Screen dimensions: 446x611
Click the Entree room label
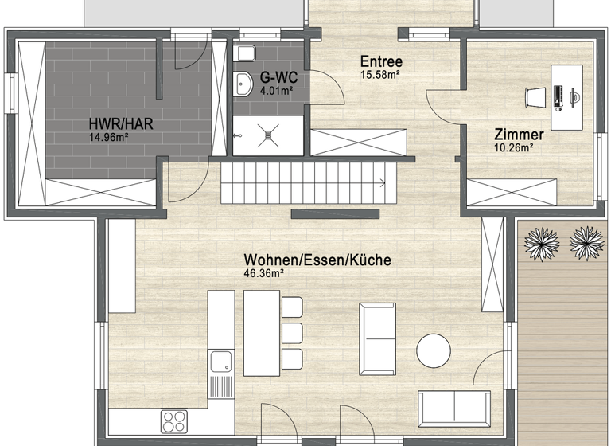(x=381, y=61)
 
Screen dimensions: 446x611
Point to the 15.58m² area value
(x=379, y=74)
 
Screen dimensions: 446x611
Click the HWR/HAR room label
(x=121, y=124)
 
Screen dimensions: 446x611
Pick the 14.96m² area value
(x=109, y=136)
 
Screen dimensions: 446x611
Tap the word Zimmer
(x=519, y=134)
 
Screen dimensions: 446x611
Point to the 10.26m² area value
(x=513, y=147)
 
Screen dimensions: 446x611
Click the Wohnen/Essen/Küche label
(x=317, y=260)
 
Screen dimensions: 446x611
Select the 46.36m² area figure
(x=264, y=272)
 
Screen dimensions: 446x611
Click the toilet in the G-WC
(x=245, y=53)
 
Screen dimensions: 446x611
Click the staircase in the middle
(x=306, y=182)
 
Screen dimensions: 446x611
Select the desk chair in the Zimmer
(x=535, y=96)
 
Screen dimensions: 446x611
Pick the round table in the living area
(x=434, y=350)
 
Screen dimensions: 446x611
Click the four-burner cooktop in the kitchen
(x=173, y=421)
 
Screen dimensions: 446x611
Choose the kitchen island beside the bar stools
(x=261, y=333)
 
